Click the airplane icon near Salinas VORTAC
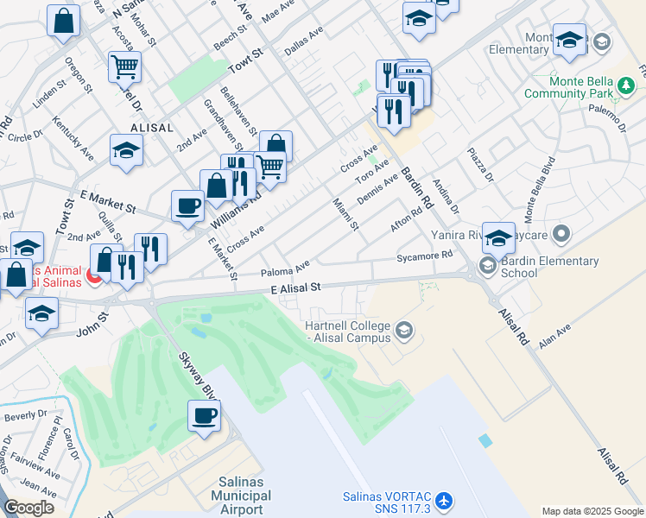pos(444,501)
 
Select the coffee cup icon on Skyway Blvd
pos(205,416)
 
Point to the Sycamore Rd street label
pos(424,256)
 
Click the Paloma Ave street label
pos(284,270)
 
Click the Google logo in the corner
pos(28,508)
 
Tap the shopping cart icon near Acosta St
pos(124,66)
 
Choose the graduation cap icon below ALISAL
pos(126,151)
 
